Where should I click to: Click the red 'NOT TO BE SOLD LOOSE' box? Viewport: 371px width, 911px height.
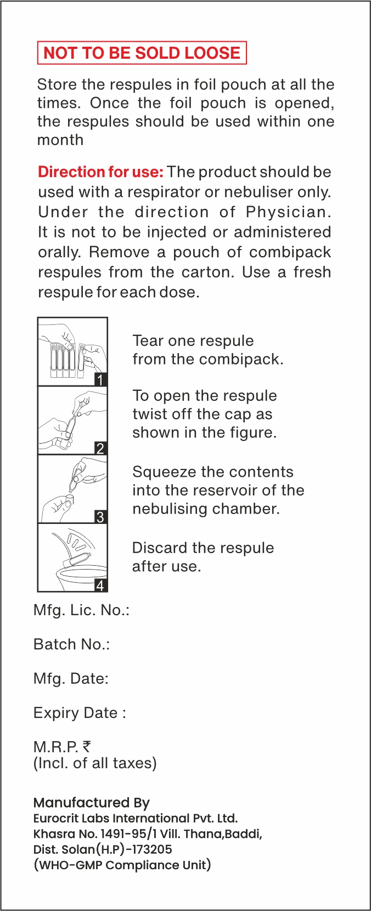tap(142, 53)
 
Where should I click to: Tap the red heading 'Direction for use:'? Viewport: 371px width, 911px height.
tap(100, 172)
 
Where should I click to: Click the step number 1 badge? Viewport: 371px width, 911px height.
tap(100, 379)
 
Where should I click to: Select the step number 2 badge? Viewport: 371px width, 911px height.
tap(100, 448)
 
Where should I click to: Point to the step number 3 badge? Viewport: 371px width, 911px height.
tap(100, 517)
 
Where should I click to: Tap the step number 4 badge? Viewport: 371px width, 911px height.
tap(100, 585)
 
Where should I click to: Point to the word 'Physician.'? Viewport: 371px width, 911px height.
tap(289, 212)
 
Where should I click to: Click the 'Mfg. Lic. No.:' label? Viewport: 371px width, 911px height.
tap(81, 610)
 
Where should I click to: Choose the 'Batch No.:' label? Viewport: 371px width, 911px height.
tap(71, 644)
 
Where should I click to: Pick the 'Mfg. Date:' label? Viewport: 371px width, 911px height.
tap(71, 678)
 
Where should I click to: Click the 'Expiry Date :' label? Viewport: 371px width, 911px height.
tap(80, 713)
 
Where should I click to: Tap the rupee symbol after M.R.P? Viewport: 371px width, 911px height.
tap(87, 746)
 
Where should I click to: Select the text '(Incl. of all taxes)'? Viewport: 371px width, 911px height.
tap(95, 763)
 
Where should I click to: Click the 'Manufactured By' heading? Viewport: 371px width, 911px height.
tap(92, 803)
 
